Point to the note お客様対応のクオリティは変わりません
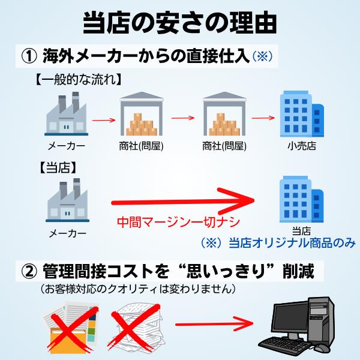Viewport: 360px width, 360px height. tap(136, 289)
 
